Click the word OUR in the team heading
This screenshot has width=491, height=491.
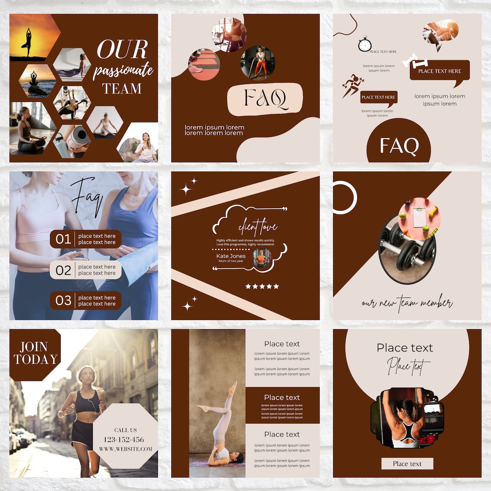click(122, 50)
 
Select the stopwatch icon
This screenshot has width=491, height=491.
click(365, 44)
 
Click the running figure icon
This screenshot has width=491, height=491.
click(353, 86)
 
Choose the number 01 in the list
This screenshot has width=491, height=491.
click(63, 239)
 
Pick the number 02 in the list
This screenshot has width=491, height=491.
click(63, 271)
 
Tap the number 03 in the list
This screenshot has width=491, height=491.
click(63, 301)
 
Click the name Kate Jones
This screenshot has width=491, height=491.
click(230, 256)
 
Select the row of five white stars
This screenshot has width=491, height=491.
click(262, 286)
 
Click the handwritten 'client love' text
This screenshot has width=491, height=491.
click(257, 226)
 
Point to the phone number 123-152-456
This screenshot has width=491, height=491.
click(124, 440)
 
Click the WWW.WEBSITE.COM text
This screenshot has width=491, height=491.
click(125, 449)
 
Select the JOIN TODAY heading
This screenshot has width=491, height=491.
click(35, 354)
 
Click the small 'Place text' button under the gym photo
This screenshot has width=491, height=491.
click(407, 464)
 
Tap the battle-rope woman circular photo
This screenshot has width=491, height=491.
click(257, 63)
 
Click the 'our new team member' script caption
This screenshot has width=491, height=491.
click(407, 303)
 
